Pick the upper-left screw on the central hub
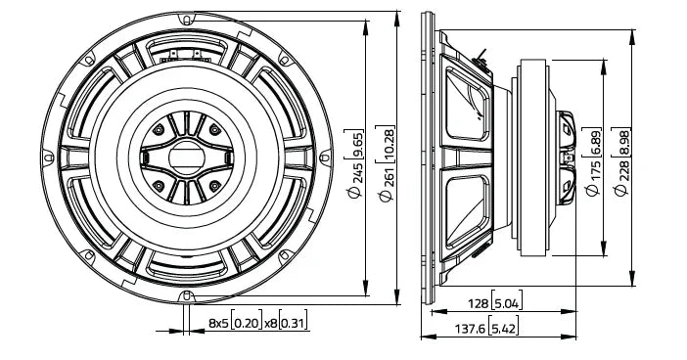[x=157, y=129]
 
